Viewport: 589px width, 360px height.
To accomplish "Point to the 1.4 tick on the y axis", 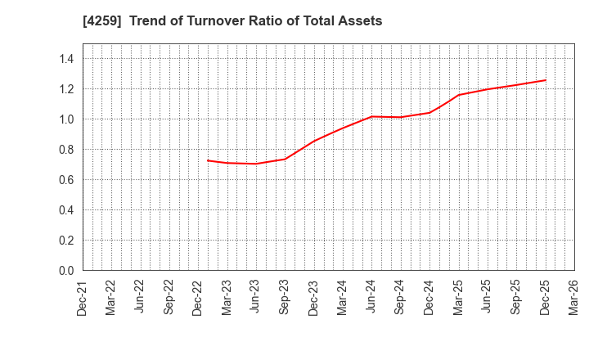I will tap(66, 59).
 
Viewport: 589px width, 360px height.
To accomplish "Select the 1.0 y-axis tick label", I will tap(66, 119).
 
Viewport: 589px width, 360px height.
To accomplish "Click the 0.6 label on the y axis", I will tap(66, 180).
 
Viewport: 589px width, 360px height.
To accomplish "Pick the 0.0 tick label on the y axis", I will tap(66, 271).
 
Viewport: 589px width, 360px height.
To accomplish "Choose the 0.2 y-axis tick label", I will tap(66, 241).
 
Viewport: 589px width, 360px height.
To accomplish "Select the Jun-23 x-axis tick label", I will tap(255, 297).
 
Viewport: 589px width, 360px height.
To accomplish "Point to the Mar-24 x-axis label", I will tap(342, 297).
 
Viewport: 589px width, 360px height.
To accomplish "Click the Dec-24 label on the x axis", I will tap(429, 297).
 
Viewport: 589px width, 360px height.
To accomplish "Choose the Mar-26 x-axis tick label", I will tap(574, 297).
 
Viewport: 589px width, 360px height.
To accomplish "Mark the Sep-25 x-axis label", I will tap(516, 297).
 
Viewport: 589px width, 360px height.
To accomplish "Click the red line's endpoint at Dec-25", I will tap(546, 80).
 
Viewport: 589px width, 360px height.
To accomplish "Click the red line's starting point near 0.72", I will tap(208, 160).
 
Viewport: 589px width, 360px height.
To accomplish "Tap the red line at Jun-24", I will tap(371, 116).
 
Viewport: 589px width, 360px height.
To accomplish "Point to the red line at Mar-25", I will tap(458, 95).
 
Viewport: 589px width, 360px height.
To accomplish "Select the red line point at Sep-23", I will tap(284, 159).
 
